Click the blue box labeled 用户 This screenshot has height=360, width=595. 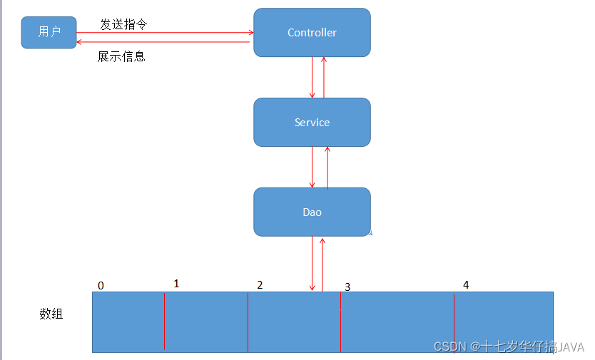tap(49, 32)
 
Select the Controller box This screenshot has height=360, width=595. tap(312, 33)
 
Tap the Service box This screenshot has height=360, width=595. tap(312, 123)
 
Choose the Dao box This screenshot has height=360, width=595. tap(312, 212)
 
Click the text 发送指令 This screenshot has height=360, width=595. tap(123, 24)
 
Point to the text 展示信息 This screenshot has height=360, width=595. tap(121, 56)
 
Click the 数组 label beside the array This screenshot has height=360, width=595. tap(51, 313)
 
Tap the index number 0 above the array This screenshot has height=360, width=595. tap(101, 286)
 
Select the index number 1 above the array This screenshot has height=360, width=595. tap(176, 284)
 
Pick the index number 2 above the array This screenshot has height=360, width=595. tap(260, 285)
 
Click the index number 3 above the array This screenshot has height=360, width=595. tap(347, 287)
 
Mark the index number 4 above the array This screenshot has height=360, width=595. tap(466, 285)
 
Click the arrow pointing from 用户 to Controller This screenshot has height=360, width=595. tap(164, 32)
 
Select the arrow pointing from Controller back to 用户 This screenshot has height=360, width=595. tap(164, 42)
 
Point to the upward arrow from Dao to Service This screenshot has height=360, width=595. tap(327, 168)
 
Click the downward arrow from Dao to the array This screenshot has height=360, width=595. tap(312, 264)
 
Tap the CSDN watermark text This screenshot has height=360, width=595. tap(508, 346)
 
